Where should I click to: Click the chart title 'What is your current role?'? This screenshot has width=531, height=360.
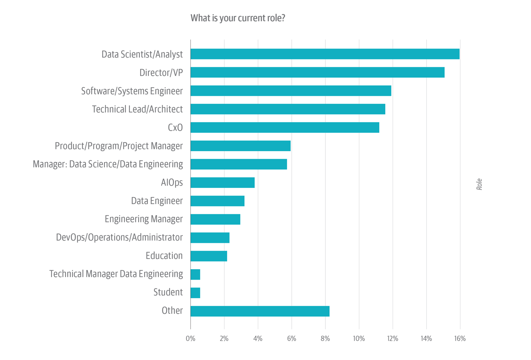pyautogui.click(x=238, y=18)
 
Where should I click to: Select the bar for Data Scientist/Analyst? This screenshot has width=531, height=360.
pyautogui.click(x=325, y=54)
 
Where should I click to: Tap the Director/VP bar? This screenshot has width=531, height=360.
pyautogui.click(x=317, y=72)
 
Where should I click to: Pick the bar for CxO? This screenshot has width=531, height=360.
pyautogui.click(x=284, y=128)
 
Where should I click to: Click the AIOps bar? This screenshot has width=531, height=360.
pyautogui.click(x=222, y=183)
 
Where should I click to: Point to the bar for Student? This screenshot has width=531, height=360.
pyautogui.click(x=195, y=293)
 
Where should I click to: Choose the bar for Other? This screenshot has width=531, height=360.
pyautogui.click(x=260, y=311)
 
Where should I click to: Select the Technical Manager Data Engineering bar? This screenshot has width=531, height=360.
pyautogui.click(x=195, y=274)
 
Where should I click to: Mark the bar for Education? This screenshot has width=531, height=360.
pyautogui.click(x=209, y=256)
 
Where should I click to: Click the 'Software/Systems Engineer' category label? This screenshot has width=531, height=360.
pyautogui.click(x=132, y=91)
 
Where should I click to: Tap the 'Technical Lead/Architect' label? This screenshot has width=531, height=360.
pyautogui.click(x=137, y=109)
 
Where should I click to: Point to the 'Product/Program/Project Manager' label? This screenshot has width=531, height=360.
pyautogui.click(x=119, y=146)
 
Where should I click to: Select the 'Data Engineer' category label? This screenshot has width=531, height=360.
pyautogui.click(x=157, y=201)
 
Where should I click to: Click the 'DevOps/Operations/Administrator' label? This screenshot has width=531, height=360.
pyautogui.click(x=119, y=238)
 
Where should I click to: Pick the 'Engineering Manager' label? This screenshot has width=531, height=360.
pyautogui.click(x=143, y=219)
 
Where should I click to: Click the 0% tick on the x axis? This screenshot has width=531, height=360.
pyautogui.click(x=190, y=338)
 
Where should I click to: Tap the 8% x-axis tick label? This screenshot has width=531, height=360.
pyautogui.click(x=325, y=338)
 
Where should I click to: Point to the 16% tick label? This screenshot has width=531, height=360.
pyautogui.click(x=460, y=338)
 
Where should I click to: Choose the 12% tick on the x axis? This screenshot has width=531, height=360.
pyautogui.click(x=393, y=338)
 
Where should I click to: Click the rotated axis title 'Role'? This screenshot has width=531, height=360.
pyautogui.click(x=479, y=184)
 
